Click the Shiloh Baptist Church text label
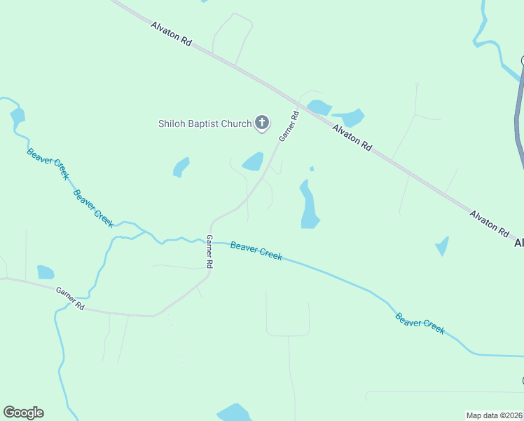tap(204, 124)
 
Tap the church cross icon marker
tap(262, 123)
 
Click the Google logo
tap(23, 413)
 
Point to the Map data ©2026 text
tap(494, 415)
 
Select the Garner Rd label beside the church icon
tap(289, 126)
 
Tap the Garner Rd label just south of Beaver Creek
tap(209, 251)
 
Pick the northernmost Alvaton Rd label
tap(171, 34)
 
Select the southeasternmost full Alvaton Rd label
tap(489, 222)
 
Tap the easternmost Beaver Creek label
tap(420, 323)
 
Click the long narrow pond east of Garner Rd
tap(308, 206)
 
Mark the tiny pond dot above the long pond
tap(311, 168)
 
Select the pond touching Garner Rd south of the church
tap(253, 162)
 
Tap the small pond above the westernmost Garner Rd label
tap(46, 272)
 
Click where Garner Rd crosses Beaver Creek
tap(209, 241)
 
